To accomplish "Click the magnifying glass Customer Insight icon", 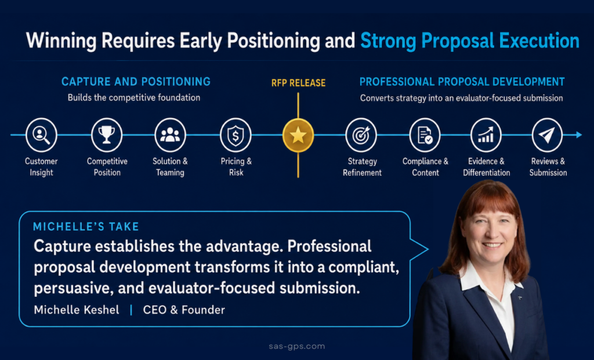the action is (41, 134).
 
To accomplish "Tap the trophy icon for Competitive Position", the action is (107, 134).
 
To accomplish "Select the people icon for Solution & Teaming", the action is (170, 134).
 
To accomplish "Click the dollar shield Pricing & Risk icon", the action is (236, 134).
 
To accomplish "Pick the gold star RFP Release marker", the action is (298, 135).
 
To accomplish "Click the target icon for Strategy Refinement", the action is (361, 134).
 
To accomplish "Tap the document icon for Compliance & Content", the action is (425, 134).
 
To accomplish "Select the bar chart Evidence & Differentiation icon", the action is (486, 134).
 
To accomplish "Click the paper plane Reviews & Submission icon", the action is (547, 134).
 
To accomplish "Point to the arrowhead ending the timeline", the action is (579, 134).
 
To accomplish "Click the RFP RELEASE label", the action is (299, 83).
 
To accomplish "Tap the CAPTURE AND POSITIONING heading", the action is (136, 82).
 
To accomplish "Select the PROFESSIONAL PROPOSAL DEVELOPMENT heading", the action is (462, 82).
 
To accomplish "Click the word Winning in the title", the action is (61, 41).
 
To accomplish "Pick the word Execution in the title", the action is (539, 41).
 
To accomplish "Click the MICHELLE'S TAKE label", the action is (86, 227).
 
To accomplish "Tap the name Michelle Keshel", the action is (77, 310).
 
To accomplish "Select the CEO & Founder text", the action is (184, 310).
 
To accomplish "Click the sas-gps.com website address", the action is (297, 346).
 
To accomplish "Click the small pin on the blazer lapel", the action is (520, 299).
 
